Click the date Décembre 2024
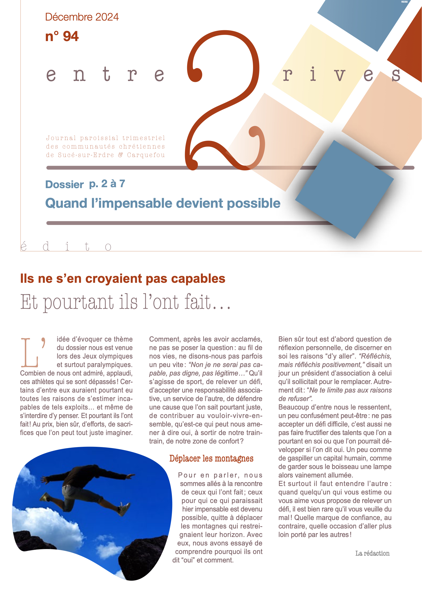tap(82, 17)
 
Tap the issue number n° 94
tap(62, 36)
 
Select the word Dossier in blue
tap(65, 185)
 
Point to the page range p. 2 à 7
tap(107, 184)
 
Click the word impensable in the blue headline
tap(135, 203)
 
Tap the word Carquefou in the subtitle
tap(146, 155)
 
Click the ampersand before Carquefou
tap(121, 155)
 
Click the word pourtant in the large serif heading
tap(78, 302)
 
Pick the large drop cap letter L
tap(30, 352)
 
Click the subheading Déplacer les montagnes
tap(211, 458)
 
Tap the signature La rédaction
tap(372, 554)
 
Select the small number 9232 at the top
tap(404, 2)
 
